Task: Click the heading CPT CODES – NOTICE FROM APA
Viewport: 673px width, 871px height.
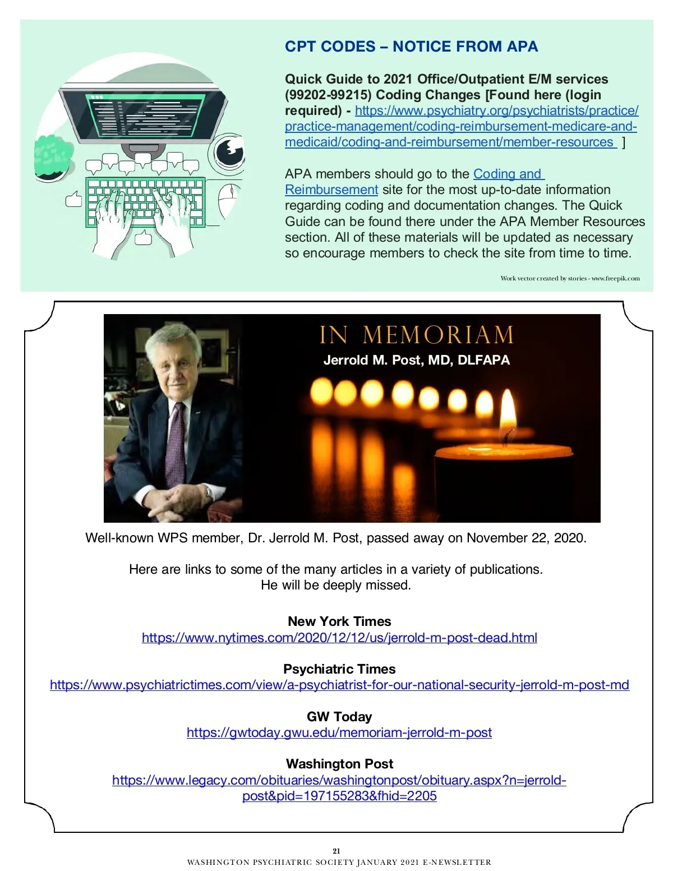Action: click(x=411, y=47)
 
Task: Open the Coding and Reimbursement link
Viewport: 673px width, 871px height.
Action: click(x=508, y=174)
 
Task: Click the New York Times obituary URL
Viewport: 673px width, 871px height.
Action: click(x=339, y=638)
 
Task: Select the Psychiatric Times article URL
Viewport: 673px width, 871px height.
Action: click(x=339, y=685)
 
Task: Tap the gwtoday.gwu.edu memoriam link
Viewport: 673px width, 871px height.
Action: click(x=339, y=732)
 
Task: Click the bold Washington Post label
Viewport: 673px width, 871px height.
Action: click(x=339, y=764)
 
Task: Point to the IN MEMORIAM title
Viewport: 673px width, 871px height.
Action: click(x=416, y=335)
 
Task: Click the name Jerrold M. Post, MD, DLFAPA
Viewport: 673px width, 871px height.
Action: click(x=416, y=360)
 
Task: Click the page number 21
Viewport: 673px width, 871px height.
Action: click(x=336, y=851)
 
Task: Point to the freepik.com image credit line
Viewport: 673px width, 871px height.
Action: click(x=570, y=278)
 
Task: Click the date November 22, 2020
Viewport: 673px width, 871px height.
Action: click(x=526, y=538)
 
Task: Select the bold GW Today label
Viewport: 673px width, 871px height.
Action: click(x=339, y=717)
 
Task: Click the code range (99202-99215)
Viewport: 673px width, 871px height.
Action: click(x=328, y=95)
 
